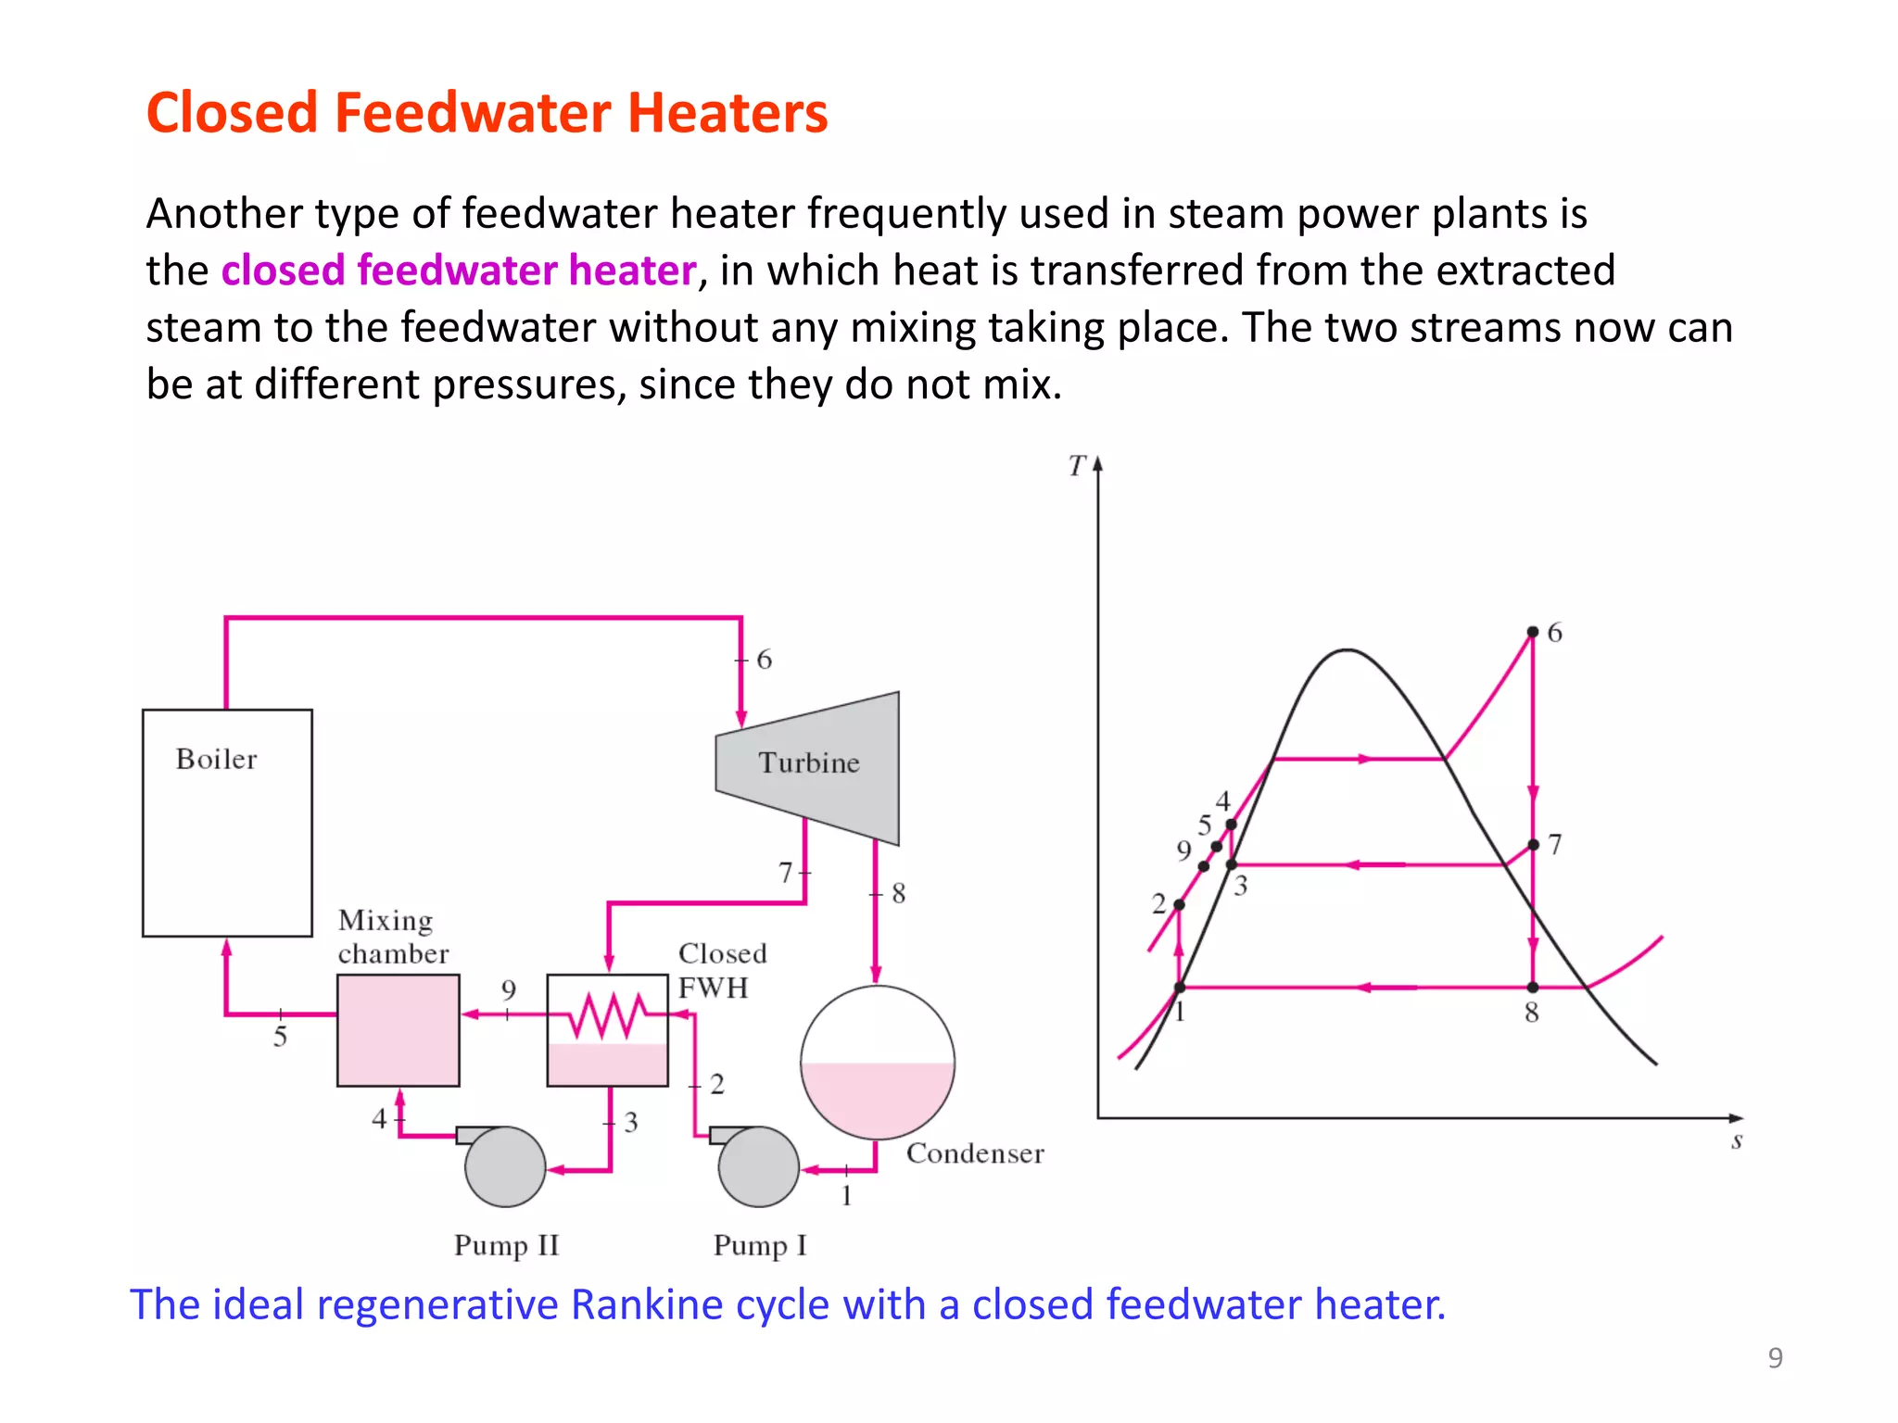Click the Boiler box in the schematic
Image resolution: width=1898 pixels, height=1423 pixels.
(227, 823)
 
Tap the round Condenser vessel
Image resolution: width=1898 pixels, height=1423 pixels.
(877, 1062)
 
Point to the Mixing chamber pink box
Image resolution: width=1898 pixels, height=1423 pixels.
(399, 1029)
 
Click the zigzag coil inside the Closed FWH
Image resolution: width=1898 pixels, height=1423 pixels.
(608, 1014)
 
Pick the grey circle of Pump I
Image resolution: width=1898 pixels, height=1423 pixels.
(759, 1166)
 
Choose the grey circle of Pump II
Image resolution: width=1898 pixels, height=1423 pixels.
(505, 1166)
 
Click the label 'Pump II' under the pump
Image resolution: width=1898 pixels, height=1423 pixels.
(506, 1245)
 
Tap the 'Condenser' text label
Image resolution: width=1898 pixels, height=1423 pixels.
(974, 1153)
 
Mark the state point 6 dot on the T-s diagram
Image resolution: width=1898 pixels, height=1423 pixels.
(1533, 632)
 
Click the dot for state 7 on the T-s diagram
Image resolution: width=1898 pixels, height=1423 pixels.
(1533, 845)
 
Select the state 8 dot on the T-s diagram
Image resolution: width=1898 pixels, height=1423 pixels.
(1533, 988)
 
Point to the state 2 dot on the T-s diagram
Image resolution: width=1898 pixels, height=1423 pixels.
(1179, 904)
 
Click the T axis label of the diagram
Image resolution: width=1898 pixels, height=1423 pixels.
(1076, 465)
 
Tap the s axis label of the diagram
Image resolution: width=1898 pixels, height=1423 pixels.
(1737, 1141)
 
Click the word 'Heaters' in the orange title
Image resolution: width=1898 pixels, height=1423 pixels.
(727, 113)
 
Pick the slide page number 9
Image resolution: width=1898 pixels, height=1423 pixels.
(1775, 1357)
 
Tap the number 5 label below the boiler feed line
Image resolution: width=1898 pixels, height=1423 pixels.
(280, 1037)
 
